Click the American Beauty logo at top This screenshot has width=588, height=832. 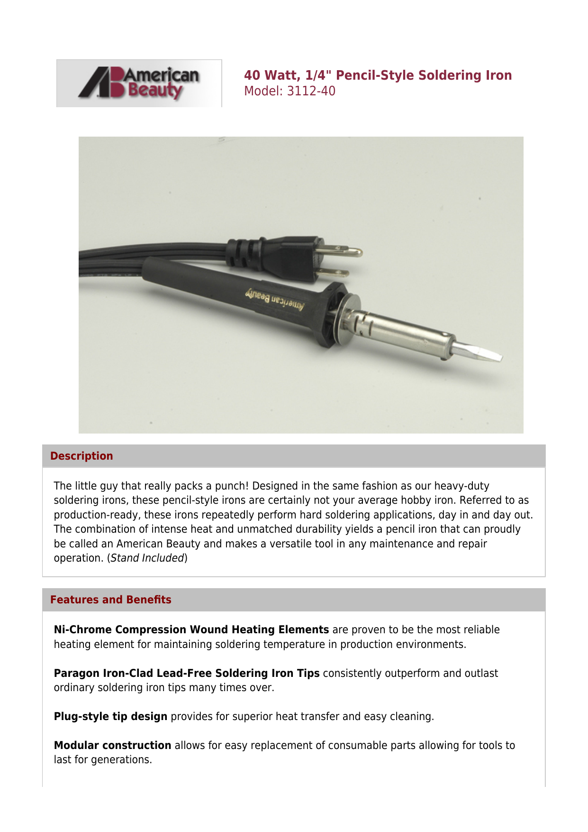139,83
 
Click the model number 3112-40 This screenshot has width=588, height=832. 311,91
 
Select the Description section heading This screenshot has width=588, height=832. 81,456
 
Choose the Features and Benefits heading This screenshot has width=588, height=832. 110,600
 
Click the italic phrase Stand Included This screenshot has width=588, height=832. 147,558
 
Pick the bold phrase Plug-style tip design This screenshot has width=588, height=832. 110,716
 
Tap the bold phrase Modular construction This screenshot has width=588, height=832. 112,745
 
